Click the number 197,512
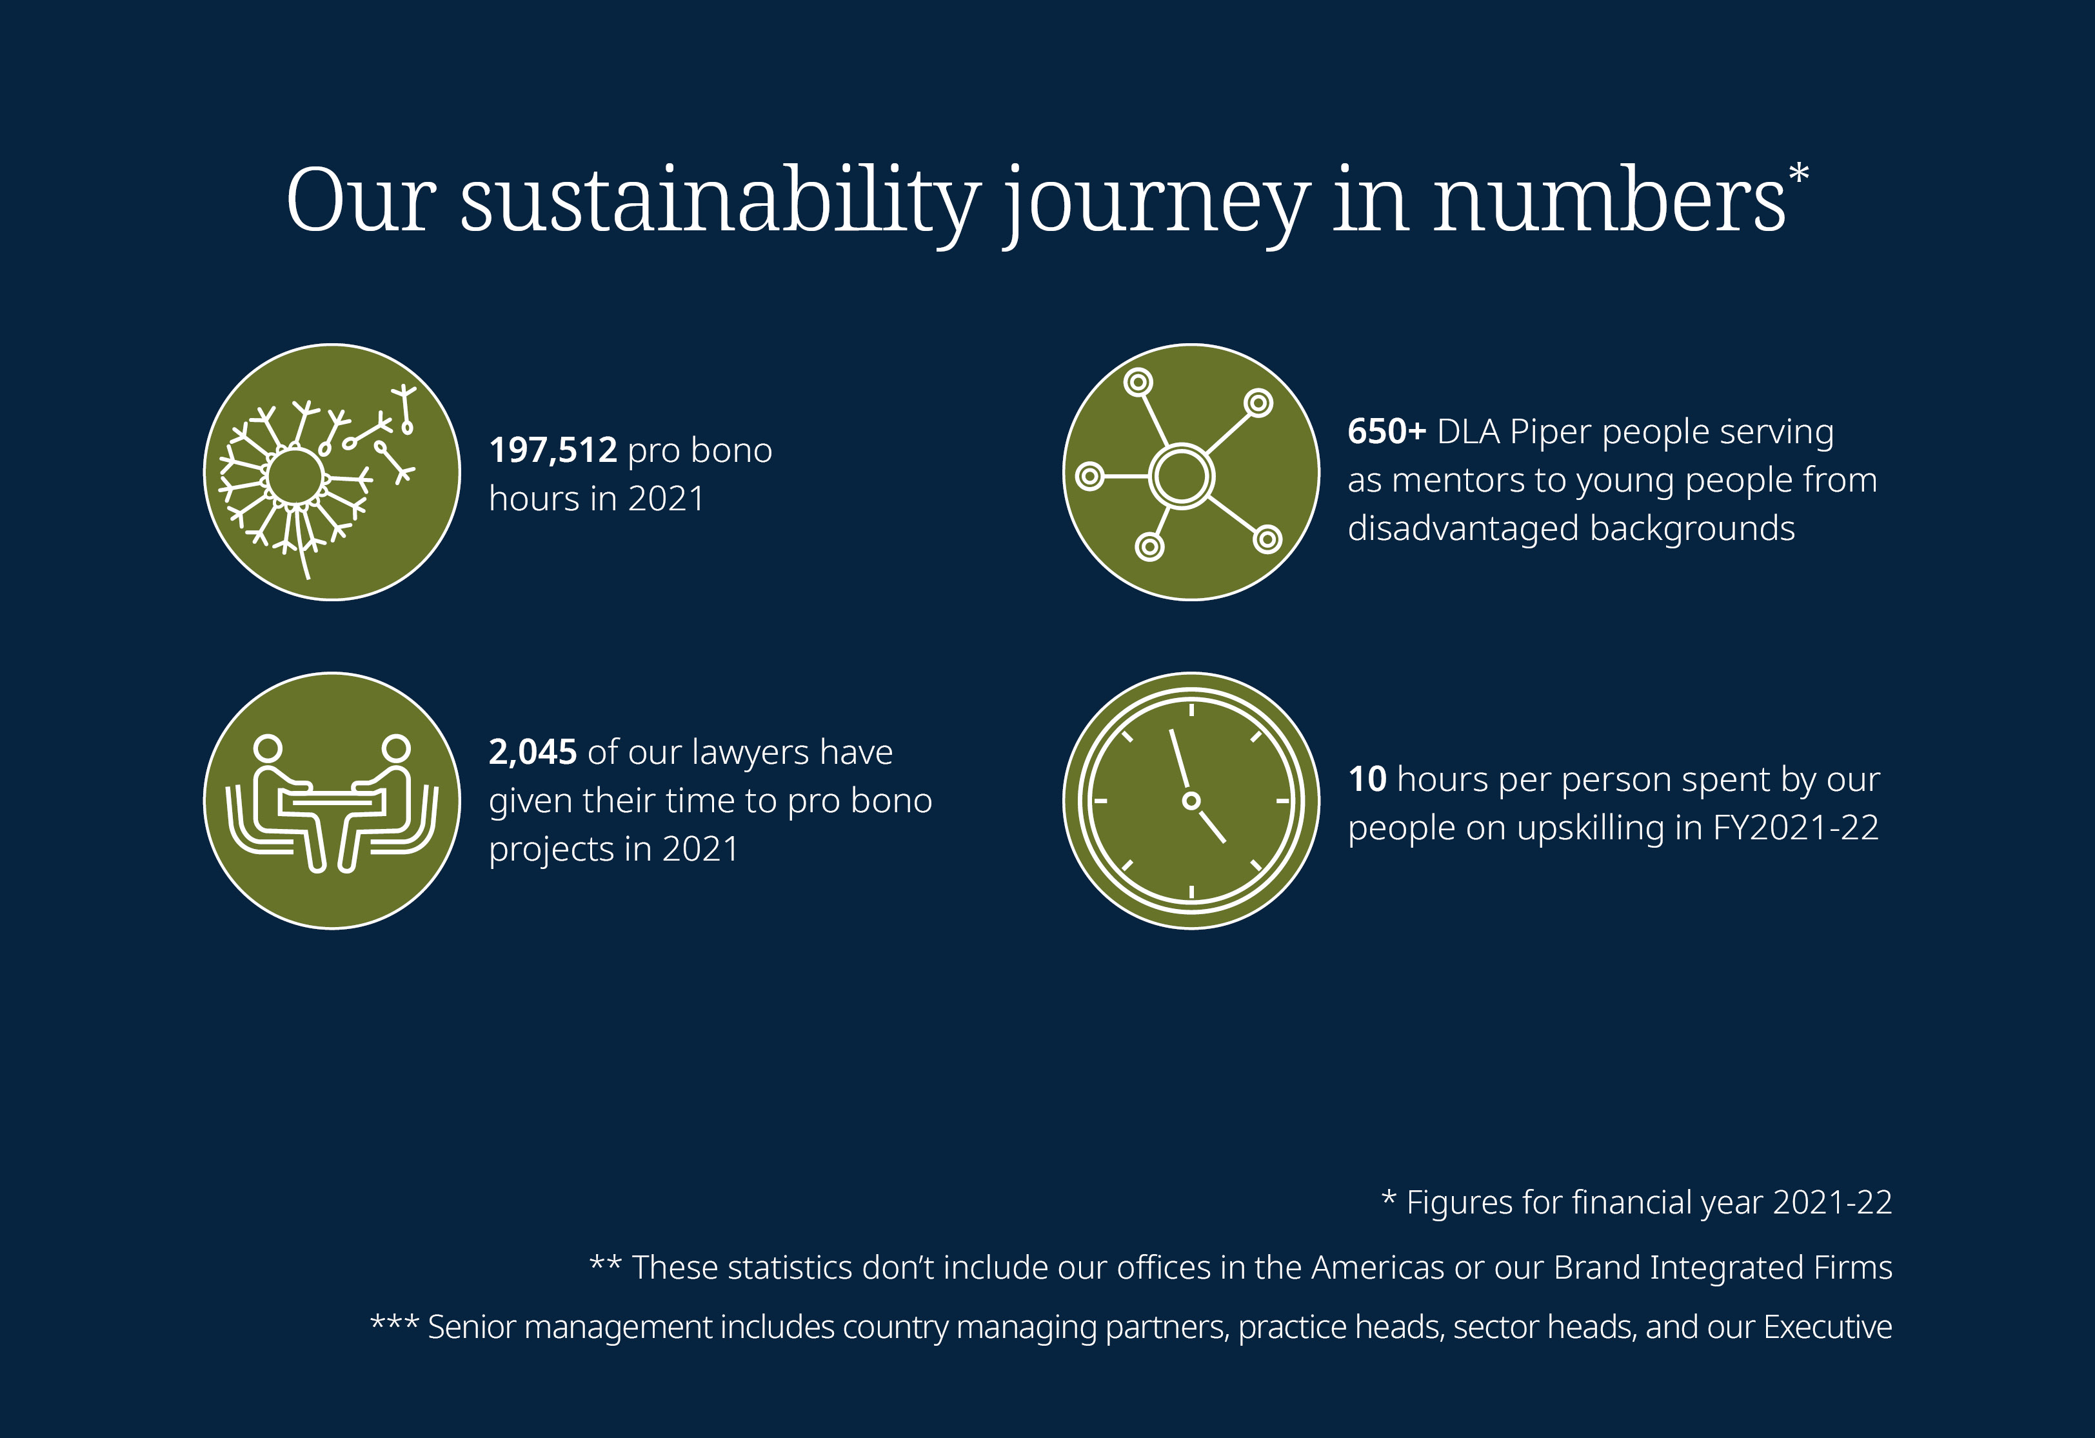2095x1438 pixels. pos(553,450)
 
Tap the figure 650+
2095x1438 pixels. pos(1386,431)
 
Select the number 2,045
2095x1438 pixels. pos(533,752)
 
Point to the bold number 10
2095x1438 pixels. pos(1367,779)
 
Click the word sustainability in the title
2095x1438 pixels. pos(720,200)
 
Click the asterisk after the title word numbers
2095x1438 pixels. pos(1798,173)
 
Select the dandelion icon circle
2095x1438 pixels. pos(333,472)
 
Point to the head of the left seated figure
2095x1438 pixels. pos(268,748)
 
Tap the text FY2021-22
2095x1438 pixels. pos(1796,828)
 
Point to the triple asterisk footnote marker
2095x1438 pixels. pos(395,1324)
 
